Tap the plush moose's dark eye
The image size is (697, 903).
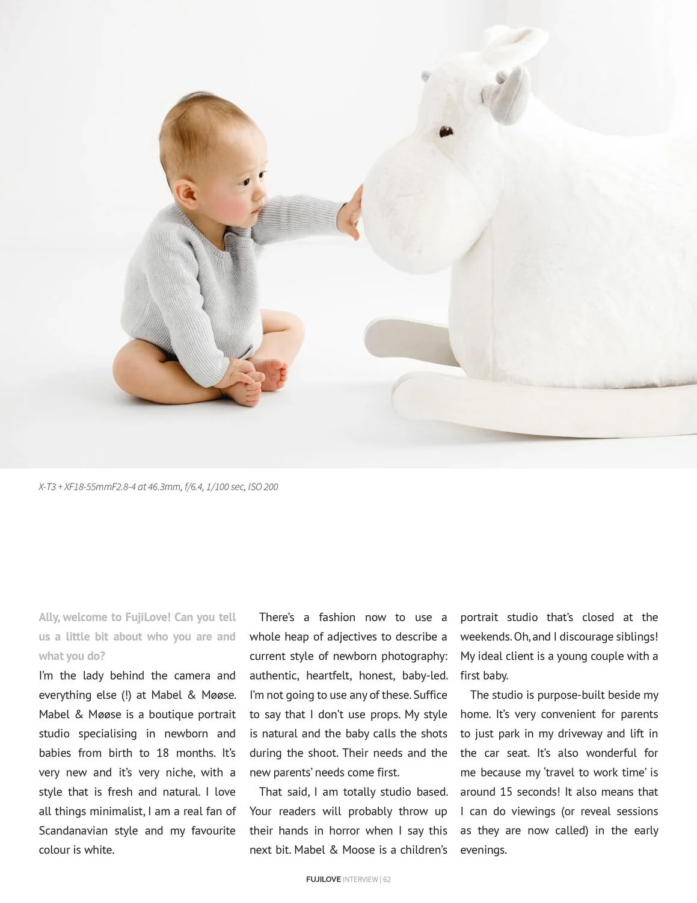coord(445,131)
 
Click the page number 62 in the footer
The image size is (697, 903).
coord(387,879)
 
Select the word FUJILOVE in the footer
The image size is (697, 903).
coord(323,879)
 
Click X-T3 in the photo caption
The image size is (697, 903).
coord(47,486)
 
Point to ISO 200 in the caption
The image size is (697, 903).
coord(263,486)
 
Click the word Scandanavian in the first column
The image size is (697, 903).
coord(73,830)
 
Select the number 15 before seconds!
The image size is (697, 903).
coord(506,792)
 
